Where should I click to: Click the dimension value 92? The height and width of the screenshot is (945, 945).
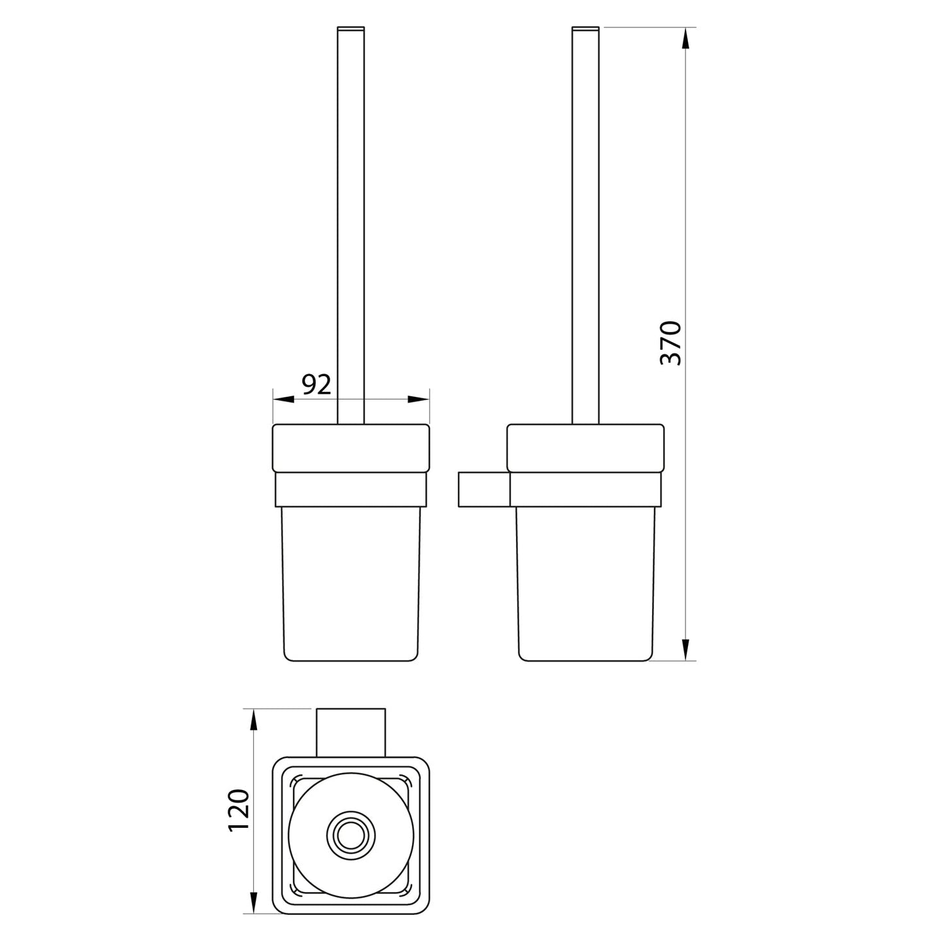tap(316, 385)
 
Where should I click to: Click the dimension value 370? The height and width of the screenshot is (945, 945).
tap(671, 343)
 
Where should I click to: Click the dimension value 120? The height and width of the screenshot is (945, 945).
tap(239, 810)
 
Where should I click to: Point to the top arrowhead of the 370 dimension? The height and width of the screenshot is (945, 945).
tap(685, 38)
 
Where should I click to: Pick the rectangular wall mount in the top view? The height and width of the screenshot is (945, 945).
tap(351, 732)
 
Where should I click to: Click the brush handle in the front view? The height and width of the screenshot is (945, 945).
tap(351, 222)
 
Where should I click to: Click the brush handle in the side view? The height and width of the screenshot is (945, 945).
tap(585, 222)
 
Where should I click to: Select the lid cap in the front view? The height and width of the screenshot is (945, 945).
tap(351, 448)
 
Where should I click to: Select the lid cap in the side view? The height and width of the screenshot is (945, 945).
tap(585, 448)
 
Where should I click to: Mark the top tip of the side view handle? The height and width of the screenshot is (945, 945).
tap(585, 28)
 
